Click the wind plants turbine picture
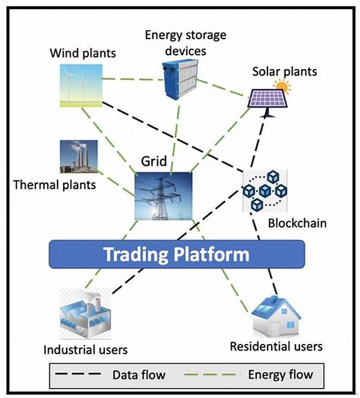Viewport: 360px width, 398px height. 81,85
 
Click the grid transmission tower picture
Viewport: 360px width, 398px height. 164,195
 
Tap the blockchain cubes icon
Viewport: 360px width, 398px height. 265,190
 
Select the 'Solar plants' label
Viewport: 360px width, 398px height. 284,72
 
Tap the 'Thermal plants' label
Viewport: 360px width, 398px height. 54,184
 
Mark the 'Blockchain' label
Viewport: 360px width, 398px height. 298,223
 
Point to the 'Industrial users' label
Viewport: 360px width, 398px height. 85,349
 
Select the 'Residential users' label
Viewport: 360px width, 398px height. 276,346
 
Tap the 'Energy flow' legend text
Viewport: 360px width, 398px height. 280,375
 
